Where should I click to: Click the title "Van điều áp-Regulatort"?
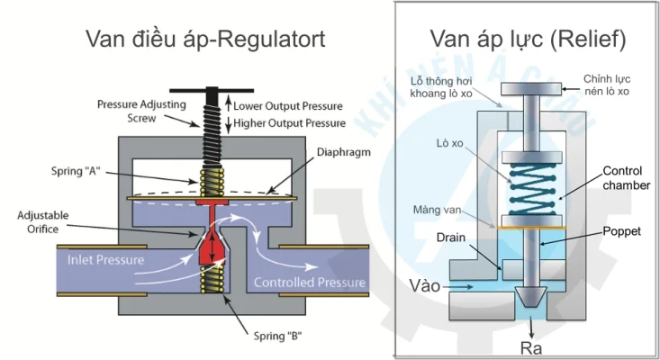[x=204, y=39]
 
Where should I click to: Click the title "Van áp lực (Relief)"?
[x=528, y=39]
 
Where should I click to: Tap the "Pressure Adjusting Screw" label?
[x=141, y=111]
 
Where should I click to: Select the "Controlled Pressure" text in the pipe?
[x=310, y=283]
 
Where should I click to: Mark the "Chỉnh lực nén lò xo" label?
[x=610, y=86]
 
